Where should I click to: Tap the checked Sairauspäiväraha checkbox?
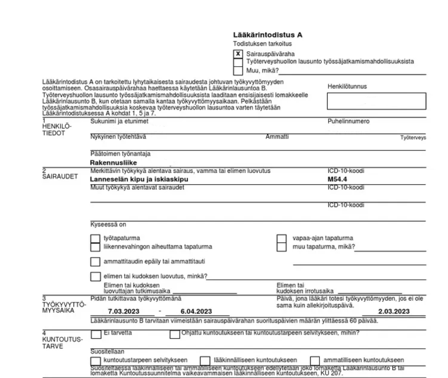point(238,54)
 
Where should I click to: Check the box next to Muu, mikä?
point(238,70)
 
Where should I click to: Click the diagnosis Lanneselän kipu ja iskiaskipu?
point(139,180)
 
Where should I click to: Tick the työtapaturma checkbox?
point(95,238)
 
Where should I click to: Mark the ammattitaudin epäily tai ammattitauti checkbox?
point(95,262)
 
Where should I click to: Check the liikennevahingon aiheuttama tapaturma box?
point(95,247)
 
